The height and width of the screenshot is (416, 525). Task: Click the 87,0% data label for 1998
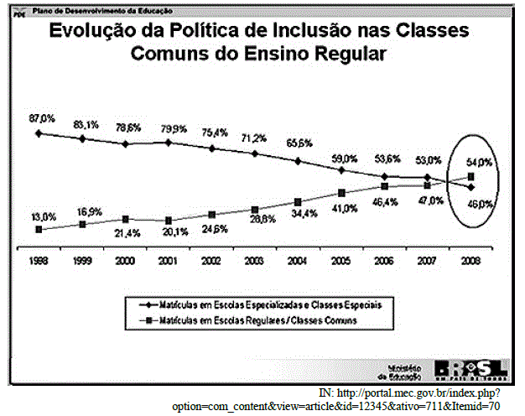coord(41,118)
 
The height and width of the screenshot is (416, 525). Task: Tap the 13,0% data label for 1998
coord(44,216)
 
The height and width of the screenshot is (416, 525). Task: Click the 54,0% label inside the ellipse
coord(479,162)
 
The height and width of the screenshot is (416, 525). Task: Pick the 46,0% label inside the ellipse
coord(478,204)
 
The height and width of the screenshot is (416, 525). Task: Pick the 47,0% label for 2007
coord(430,200)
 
